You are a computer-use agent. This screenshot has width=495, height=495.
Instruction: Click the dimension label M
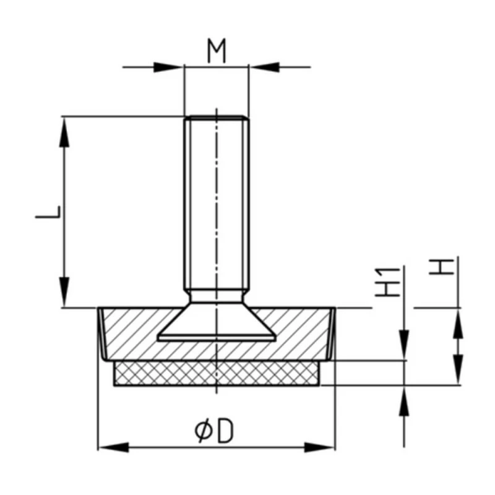[x=216, y=53]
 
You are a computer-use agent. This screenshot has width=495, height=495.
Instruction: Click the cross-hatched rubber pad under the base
[x=216, y=373]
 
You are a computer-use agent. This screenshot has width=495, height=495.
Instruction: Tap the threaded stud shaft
[x=216, y=204]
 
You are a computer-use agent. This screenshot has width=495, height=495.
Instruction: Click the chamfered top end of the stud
[x=216, y=118]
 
